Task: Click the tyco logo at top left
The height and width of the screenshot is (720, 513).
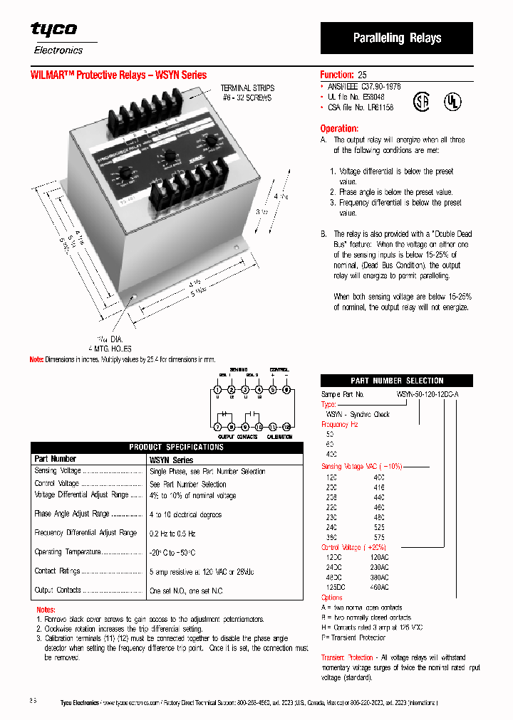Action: (x=53, y=29)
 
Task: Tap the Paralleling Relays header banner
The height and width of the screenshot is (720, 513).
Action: (x=397, y=38)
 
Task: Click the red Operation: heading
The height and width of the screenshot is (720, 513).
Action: (x=339, y=129)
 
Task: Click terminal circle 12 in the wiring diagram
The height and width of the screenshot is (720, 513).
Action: (x=286, y=426)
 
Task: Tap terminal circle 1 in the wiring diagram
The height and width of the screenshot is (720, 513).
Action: (x=217, y=389)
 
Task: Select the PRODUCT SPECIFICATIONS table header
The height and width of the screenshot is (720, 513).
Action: (x=176, y=447)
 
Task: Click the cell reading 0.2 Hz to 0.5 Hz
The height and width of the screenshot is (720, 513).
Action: (x=172, y=533)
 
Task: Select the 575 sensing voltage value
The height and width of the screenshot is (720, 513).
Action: (x=379, y=537)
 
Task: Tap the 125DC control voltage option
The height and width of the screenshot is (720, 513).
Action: (x=336, y=588)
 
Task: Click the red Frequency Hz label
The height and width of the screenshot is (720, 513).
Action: (x=339, y=424)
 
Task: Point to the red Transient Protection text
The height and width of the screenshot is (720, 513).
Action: (x=347, y=657)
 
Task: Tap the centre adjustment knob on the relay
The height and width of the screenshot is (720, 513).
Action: (x=169, y=156)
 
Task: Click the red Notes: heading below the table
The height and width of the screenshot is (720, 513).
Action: (x=46, y=610)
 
